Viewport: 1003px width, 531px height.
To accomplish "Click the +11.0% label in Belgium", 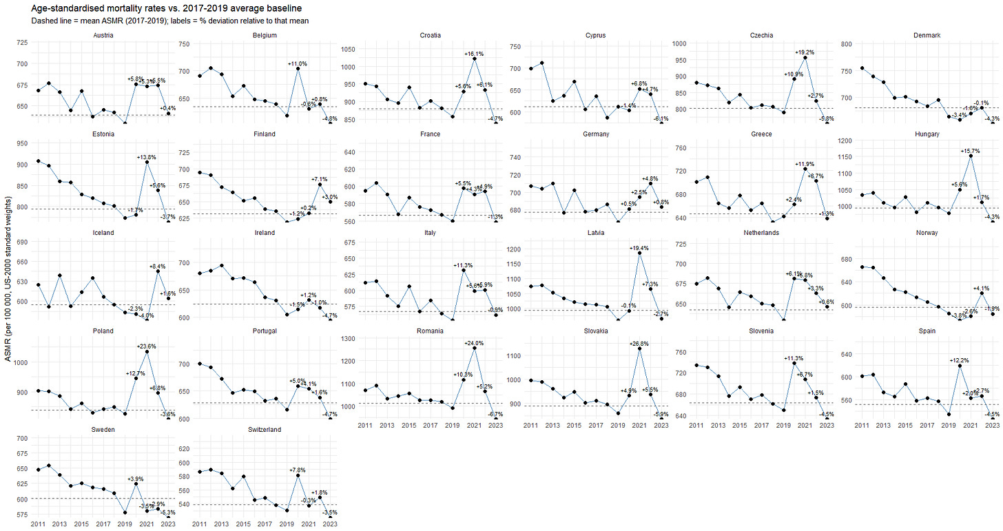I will tap(297, 63).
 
